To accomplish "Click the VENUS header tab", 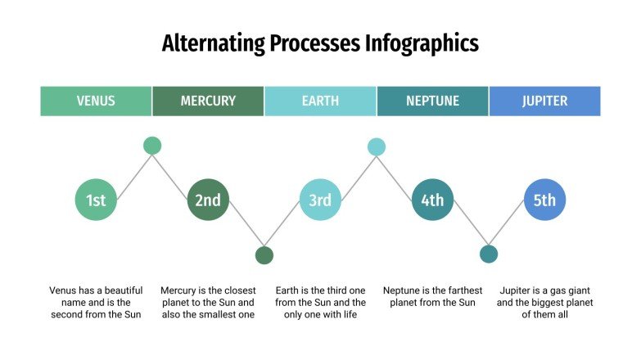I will [x=96, y=101].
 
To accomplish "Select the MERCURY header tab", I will [x=208, y=101].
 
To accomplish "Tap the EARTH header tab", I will [x=320, y=101].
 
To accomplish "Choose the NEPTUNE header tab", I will [x=432, y=101].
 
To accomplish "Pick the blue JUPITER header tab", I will [x=544, y=101].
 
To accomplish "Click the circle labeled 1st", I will [x=96, y=200].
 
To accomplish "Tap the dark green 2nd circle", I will [x=208, y=200].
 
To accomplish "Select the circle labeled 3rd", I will [x=320, y=200].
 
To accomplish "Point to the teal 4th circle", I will [x=432, y=200].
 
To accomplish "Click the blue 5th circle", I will [x=544, y=200].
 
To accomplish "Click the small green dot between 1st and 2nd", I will [x=152, y=146].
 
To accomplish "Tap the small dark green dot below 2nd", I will [x=264, y=254].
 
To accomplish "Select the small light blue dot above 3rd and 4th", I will [x=377, y=146].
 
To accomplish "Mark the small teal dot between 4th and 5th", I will [x=489, y=254].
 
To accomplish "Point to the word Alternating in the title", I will [x=210, y=43].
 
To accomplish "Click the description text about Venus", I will [x=96, y=302].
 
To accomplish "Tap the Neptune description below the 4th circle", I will [x=432, y=296].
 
